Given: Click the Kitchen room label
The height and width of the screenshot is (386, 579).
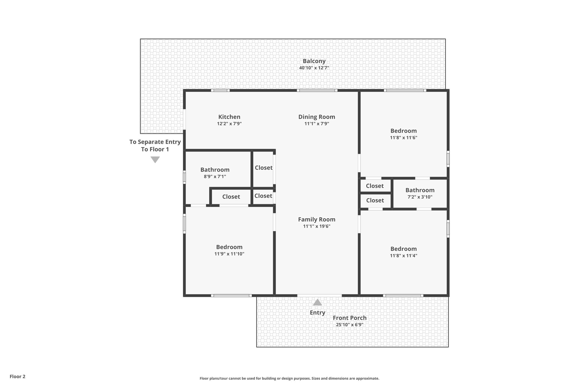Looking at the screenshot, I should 229,117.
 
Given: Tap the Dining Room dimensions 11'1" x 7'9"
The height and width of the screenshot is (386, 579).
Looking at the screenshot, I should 316,124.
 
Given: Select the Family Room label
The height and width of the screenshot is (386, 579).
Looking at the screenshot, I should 316,219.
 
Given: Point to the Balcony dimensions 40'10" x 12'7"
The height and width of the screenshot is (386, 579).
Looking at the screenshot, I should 314,68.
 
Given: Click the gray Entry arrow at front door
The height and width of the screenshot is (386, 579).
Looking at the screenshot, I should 317,303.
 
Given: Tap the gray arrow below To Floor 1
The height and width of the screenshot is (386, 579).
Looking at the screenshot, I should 155,159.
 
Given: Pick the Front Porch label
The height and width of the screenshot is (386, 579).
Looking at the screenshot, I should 349,318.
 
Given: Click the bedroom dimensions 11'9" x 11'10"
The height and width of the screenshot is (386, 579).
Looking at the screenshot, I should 229,254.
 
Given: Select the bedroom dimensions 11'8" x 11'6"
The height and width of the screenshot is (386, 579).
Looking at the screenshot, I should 403,138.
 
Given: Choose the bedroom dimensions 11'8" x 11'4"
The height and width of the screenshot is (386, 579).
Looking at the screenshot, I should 403,256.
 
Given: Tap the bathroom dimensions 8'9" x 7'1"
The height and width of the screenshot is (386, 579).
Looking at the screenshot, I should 215,177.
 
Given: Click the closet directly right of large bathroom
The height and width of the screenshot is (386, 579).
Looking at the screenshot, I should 263,168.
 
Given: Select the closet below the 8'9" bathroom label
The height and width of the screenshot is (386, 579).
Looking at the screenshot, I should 231,197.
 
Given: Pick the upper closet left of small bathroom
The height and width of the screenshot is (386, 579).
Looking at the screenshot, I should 375,186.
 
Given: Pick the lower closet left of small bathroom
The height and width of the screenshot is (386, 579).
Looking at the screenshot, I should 375,200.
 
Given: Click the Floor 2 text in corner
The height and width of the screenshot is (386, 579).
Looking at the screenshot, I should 18,376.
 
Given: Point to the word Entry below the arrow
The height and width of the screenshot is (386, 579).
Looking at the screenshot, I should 317,312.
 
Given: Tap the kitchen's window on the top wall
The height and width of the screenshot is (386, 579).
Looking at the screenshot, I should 220,90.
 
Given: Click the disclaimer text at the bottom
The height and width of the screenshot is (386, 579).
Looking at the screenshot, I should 289,378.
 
